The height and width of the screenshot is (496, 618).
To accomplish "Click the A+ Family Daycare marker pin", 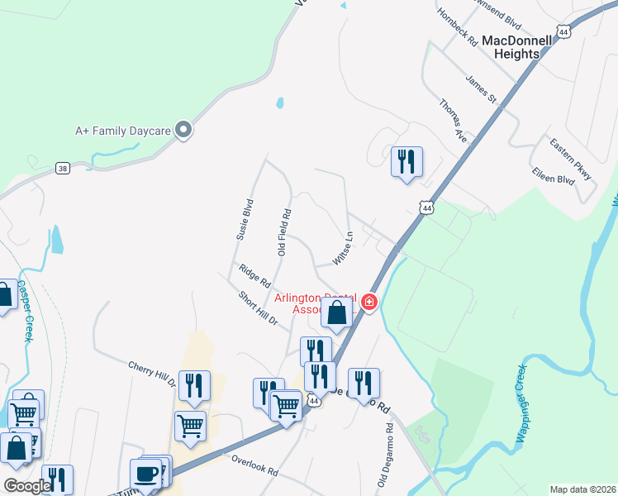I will coord(184,131).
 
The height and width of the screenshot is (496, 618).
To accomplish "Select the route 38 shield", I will coord(63,168).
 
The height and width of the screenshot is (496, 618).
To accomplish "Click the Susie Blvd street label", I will coord(245,217).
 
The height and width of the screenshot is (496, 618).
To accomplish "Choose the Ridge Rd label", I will coord(254,274).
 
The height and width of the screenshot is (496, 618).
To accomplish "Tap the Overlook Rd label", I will coord(254,464).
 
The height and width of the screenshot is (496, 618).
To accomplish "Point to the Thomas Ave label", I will coord(453,121).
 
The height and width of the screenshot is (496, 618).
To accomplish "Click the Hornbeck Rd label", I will coord(459,28).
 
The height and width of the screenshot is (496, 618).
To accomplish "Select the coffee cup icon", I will coord(145,475).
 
